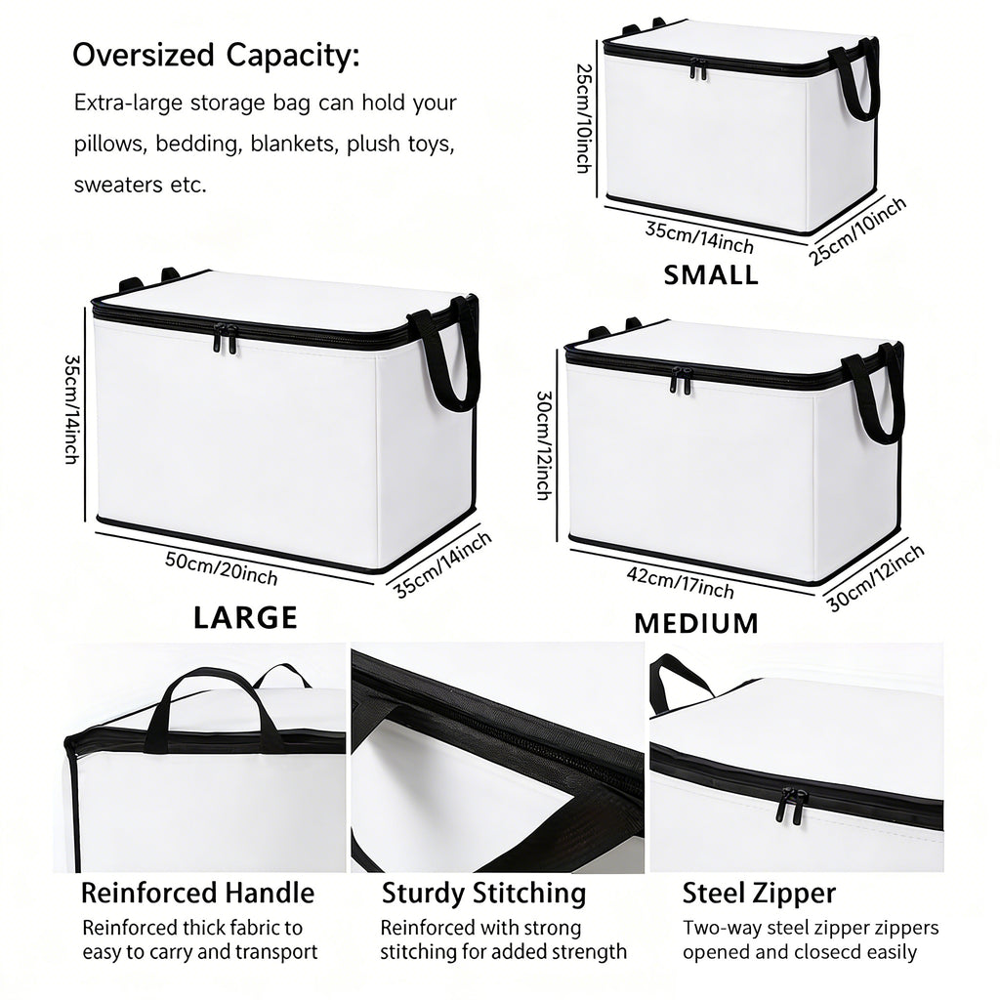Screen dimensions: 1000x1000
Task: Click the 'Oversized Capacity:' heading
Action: [216, 55]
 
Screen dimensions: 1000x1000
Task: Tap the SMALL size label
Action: [711, 274]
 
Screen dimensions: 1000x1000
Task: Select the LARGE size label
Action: [245, 617]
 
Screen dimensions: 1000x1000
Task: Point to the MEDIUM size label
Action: [696, 623]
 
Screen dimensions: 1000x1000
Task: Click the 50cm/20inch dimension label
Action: [222, 568]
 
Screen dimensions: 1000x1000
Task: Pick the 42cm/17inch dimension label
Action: [680, 583]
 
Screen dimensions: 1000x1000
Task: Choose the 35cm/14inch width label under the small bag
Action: [699, 237]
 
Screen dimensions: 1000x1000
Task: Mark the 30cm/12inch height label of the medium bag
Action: [543, 445]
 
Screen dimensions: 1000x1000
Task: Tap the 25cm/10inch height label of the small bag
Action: [584, 118]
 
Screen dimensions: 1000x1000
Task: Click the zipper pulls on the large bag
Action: [225, 338]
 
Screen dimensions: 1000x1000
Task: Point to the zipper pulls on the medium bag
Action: [681, 380]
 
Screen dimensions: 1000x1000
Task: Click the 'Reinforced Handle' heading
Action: [197, 893]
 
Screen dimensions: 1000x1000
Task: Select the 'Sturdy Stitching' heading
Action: [484, 893]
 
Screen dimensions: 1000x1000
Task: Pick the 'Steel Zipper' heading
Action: [759, 893]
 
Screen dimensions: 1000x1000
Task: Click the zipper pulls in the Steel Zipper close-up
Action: [787, 805]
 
